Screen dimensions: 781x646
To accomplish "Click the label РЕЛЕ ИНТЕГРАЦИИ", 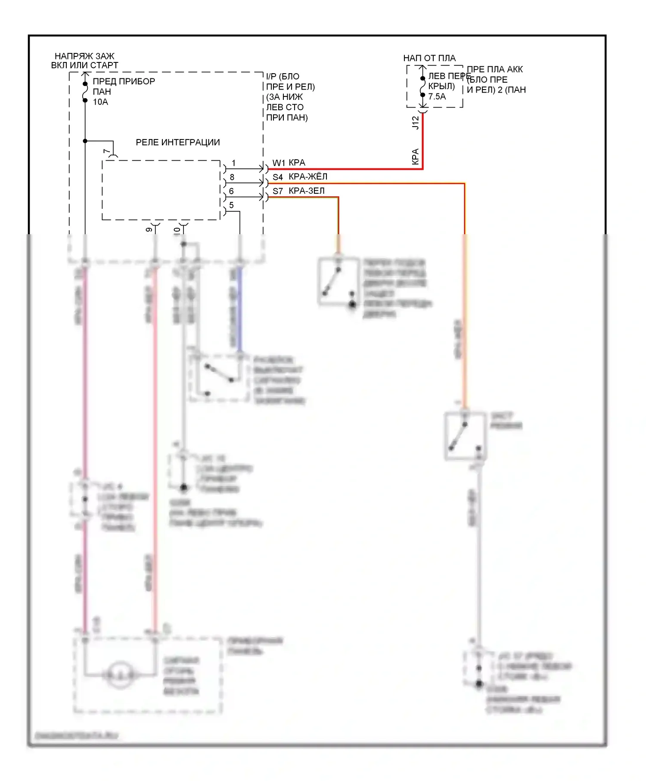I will [x=177, y=143].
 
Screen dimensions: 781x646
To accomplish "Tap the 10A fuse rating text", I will [x=100, y=102].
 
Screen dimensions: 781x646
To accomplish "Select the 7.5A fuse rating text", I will [x=437, y=97].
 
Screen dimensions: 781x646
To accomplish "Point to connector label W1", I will [x=279, y=163].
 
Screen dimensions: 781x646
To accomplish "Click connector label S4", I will [x=278, y=177].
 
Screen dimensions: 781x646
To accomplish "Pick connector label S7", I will [x=278, y=191].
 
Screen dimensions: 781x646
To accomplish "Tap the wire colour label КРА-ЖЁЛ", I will [x=308, y=177].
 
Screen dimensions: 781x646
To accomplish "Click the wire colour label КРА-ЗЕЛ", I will [x=307, y=191].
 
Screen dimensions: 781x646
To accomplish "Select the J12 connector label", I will [x=415, y=123].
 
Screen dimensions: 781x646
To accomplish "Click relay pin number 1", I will [x=233, y=163].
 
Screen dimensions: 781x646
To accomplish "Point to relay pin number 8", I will [x=232, y=177].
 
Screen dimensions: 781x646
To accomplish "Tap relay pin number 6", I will [x=232, y=191].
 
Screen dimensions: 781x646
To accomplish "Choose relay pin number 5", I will [x=232, y=205].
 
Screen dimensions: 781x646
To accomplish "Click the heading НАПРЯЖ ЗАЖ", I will [x=84, y=56].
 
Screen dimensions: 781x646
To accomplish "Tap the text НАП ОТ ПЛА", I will [x=429, y=58].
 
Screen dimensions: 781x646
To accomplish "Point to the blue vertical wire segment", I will [x=240, y=310].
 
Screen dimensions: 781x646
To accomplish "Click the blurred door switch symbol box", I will [x=339, y=282].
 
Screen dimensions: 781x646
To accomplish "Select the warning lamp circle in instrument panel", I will [x=120, y=675].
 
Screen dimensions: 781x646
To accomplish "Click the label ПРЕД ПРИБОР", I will [x=124, y=81].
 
